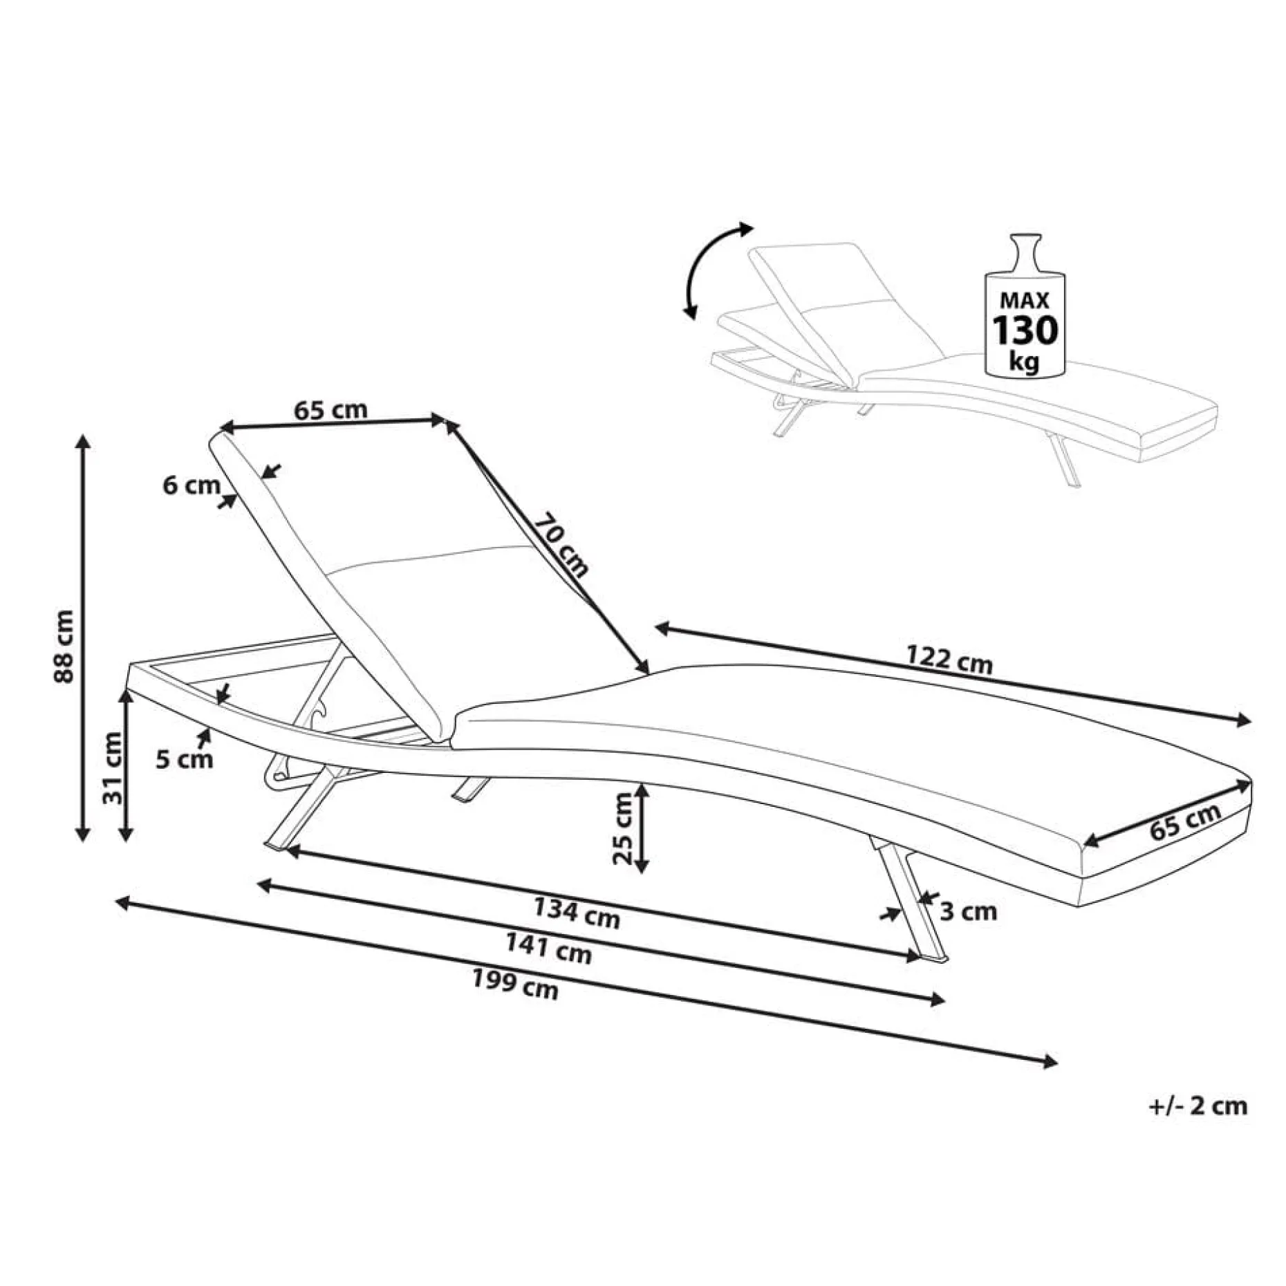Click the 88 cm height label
point(64,646)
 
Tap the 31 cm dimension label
point(112,767)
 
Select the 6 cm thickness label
point(192,485)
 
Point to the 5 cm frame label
point(185,760)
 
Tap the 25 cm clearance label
point(622,828)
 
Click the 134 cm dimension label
point(577,911)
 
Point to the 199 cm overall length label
point(515,984)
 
